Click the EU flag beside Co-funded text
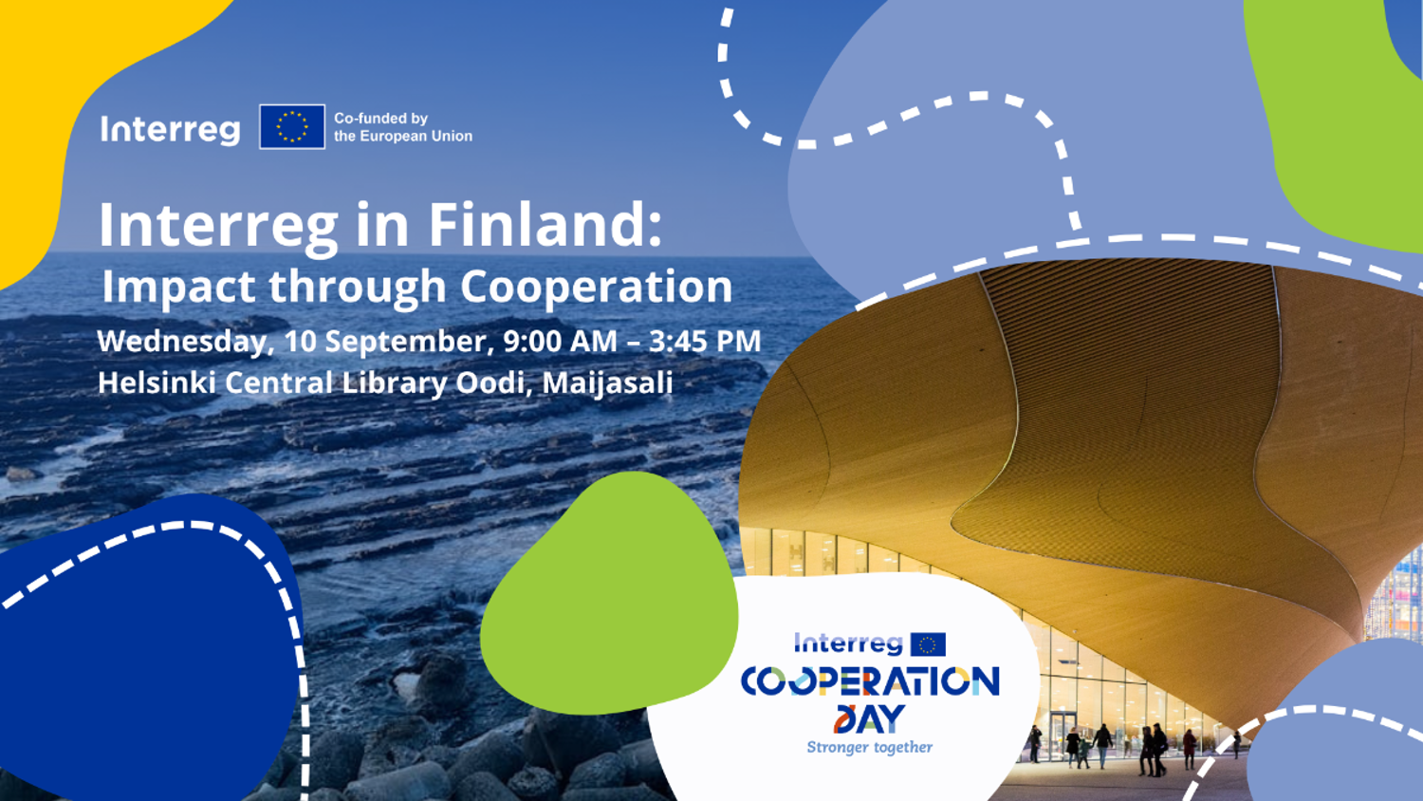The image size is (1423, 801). pyautogui.click(x=292, y=126)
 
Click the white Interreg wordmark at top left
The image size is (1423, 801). pyautogui.click(x=170, y=130)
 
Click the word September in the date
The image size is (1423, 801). pyautogui.click(x=410, y=342)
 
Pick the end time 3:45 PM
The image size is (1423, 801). pyautogui.click(x=705, y=341)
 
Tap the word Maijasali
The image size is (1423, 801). pyautogui.click(x=607, y=383)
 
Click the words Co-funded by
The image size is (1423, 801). pyautogui.click(x=381, y=119)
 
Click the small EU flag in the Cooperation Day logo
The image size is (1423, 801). pyautogui.click(x=928, y=644)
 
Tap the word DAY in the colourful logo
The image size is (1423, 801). pyautogui.click(x=869, y=719)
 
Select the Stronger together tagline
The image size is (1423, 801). pyautogui.click(x=870, y=748)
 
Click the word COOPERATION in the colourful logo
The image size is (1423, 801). pyautogui.click(x=870, y=680)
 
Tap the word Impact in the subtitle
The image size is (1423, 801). pyautogui.click(x=178, y=288)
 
